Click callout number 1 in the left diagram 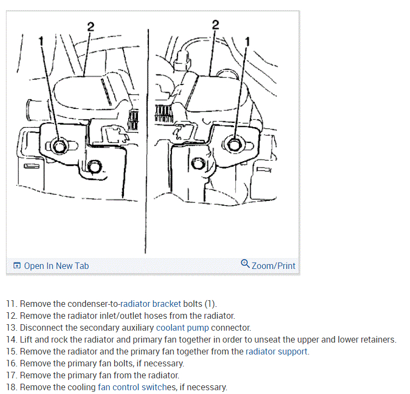click(41, 40)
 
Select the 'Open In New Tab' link click(56, 266)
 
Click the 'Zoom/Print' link click(274, 266)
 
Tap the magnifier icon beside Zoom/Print click(246, 264)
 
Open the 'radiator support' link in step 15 click(276, 351)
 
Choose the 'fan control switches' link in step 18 click(137, 387)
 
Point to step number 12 click(11, 316)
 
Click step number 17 click(11, 375)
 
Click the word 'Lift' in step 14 click(26, 339)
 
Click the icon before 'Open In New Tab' click(17, 266)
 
